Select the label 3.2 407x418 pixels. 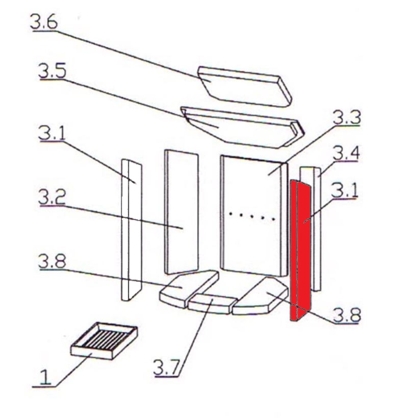click(x=53, y=197)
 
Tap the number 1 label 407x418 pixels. click(x=46, y=378)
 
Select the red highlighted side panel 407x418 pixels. click(x=301, y=250)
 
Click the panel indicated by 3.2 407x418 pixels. click(x=182, y=212)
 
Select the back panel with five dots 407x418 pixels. click(x=252, y=214)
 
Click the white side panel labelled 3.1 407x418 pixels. click(x=132, y=230)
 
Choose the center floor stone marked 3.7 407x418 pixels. click(x=211, y=304)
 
